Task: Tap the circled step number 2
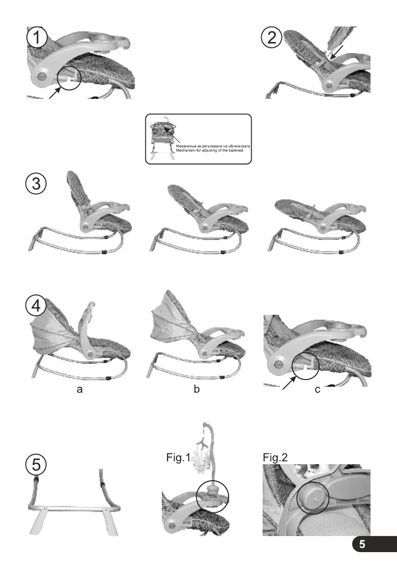point(272,38)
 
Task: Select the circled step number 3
point(35,183)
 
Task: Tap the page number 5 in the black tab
point(362,544)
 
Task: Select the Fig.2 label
point(275,458)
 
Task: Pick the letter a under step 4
point(79,390)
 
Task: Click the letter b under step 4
point(196,390)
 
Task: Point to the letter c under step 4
point(318,390)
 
